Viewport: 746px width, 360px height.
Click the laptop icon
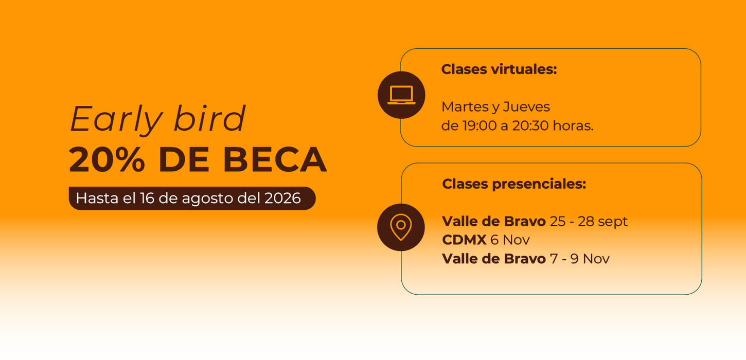(401, 95)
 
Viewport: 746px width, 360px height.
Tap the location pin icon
(401, 227)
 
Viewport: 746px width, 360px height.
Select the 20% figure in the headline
(107, 159)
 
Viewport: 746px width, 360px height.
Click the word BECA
(275, 159)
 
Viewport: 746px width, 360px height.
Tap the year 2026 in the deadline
(282, 198)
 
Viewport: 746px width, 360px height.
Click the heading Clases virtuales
(499, 69)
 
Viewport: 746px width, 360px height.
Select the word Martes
(465, 107)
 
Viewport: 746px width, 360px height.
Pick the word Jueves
(526, 107)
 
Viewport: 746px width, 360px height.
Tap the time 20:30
(530, 126)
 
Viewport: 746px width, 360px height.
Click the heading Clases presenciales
(514, 184)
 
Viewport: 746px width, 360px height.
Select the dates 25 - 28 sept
(589, 222)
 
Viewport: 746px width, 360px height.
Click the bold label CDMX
(464, 240)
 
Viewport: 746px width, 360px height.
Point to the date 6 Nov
(510, 240)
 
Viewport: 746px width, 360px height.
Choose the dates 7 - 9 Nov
(579, 259)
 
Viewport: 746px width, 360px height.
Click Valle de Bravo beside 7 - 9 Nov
(494, 259)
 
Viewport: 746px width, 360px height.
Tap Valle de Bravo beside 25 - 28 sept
(494, 221)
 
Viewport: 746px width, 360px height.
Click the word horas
(573, 126)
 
